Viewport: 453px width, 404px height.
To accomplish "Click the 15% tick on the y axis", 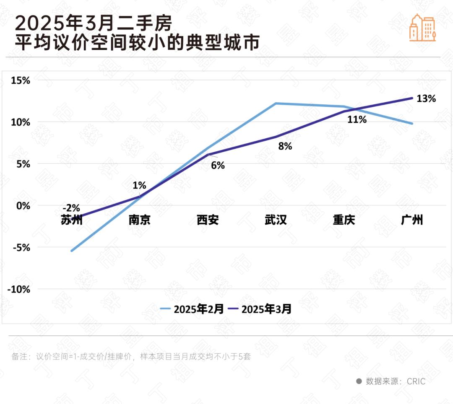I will click(20, 80).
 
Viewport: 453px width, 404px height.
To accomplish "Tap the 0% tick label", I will click(23, 206).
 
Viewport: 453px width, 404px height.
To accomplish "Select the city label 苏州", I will click(71, 220).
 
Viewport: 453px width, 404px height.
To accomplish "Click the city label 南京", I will click(139, 220).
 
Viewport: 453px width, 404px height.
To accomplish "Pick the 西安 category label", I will click(208, 220).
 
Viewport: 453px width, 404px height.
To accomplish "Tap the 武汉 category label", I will click(276, 220).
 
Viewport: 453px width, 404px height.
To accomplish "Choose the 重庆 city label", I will click(344, 220).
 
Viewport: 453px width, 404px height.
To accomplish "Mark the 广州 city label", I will click(412, 220).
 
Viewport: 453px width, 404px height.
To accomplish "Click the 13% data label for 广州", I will click(426, 99).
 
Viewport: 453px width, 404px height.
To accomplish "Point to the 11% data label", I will click(357, 120).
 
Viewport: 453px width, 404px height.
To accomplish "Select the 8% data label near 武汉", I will click(285, 147).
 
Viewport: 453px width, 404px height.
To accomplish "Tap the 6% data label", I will click(218, 166).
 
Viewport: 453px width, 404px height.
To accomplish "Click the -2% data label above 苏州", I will click(71, 208).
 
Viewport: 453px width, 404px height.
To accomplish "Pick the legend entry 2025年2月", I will click(191, 309).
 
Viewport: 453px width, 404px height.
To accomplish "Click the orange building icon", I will click(422, 28).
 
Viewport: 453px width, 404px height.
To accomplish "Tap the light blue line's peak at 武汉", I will click(276, 103).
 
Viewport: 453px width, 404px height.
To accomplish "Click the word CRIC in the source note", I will click(416, 381).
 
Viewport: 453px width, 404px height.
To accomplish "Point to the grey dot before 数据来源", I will click(359, 381).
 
